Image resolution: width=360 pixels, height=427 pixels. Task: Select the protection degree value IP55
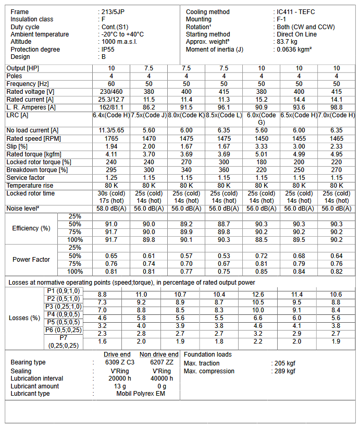(x=108, y=50)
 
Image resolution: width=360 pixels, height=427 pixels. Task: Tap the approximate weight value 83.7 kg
(x=287, y=42)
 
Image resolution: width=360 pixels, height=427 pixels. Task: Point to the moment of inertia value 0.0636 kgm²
(x=294, y=50)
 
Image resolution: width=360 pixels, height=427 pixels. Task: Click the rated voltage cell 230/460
(x=111, y=91)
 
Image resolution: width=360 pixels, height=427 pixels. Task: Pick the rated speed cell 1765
(x=111, y=138)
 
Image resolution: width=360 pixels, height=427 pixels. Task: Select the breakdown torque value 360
(x=224, y=170)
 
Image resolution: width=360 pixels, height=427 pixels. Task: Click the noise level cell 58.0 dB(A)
(x=111, y=209)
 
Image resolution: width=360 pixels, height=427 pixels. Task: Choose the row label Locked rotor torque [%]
(x=39, y=162)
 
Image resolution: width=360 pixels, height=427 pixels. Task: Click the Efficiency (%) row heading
(x=31, y=228)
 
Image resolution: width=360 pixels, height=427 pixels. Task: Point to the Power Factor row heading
(x=31, y=260)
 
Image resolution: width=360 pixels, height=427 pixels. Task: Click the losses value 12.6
(x=262, y=295)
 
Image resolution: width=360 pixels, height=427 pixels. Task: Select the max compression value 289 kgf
(x=285, y=371)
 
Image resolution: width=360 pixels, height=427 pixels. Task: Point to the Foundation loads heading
(x=208, y=355)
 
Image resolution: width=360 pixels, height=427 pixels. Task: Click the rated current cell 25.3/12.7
(x=111, y=99)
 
